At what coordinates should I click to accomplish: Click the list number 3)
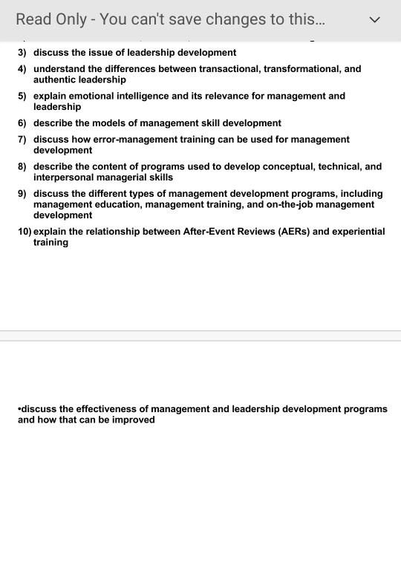[x=22, y=53]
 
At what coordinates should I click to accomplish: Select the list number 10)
[x=25, y=232]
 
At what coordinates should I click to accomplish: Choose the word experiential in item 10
[x=355, y=232]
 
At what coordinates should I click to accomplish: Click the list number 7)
[x=22, y=140]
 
